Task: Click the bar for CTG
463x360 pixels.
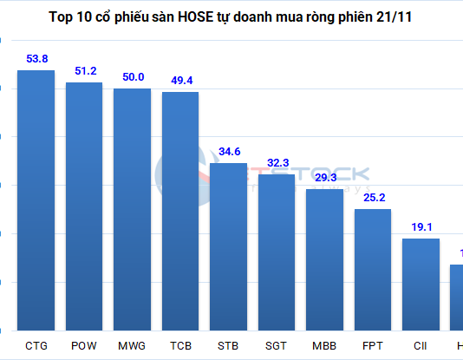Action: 36,200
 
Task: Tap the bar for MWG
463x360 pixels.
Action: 133,209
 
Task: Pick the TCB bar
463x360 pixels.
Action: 180,211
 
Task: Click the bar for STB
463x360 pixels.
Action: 229,246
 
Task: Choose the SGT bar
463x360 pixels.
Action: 277,252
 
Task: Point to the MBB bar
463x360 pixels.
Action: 324,259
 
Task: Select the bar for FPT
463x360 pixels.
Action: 373,270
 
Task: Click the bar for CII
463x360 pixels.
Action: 421,285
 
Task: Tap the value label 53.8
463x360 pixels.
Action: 36,59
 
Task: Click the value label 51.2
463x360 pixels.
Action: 84,71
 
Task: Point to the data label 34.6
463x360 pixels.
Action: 229,152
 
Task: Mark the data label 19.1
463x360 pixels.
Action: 421,227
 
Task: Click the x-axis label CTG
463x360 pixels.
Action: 36,345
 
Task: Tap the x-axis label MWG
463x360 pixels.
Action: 133,345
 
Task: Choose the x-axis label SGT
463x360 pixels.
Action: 277,345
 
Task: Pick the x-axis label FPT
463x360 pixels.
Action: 373,345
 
